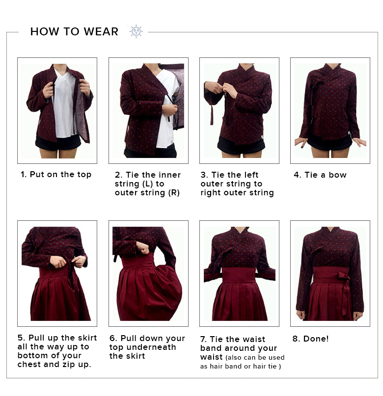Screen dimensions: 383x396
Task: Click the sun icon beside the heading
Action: pos(136,31)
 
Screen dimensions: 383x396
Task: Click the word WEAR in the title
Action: pos(101,31)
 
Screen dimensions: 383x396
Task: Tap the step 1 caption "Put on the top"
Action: pos(60,175)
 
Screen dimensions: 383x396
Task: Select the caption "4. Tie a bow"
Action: pos(320,175)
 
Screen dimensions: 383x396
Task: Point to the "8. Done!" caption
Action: pos(310,339)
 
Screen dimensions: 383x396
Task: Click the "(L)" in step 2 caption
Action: pos(147,184)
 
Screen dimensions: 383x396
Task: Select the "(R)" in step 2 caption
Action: pos(174,193)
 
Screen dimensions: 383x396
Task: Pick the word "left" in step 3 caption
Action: pos(250,175)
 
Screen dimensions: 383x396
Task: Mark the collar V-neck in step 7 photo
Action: pos(239,232)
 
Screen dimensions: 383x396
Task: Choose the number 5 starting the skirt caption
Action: pos(21,338)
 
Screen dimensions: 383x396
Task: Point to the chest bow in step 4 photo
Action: pos(315,91)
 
